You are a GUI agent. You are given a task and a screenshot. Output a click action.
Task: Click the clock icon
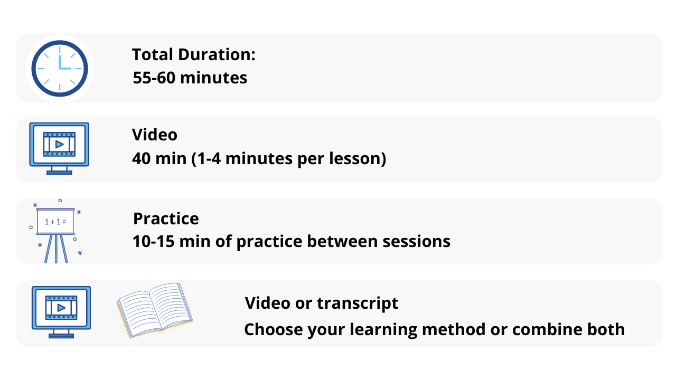point(60,69)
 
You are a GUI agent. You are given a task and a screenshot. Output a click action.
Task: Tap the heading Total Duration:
point(194,54)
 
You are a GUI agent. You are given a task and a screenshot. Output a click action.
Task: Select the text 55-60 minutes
point(190,78)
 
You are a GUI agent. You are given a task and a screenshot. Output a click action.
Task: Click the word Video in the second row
point(155,135)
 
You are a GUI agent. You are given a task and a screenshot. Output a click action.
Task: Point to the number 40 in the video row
point(142,158)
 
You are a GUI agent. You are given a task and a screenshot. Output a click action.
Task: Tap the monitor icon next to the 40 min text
point(59,149)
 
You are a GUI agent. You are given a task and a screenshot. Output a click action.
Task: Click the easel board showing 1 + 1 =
point(56,231)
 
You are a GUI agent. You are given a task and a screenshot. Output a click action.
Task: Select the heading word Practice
point(166,218)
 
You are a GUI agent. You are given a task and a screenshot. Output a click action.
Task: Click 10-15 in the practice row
point(153,241)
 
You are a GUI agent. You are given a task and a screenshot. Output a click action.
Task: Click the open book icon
point(155,310)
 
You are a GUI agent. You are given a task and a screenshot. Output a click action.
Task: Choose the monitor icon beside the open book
point(61,312)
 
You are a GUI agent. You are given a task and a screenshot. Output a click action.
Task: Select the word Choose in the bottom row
point(274,329)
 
